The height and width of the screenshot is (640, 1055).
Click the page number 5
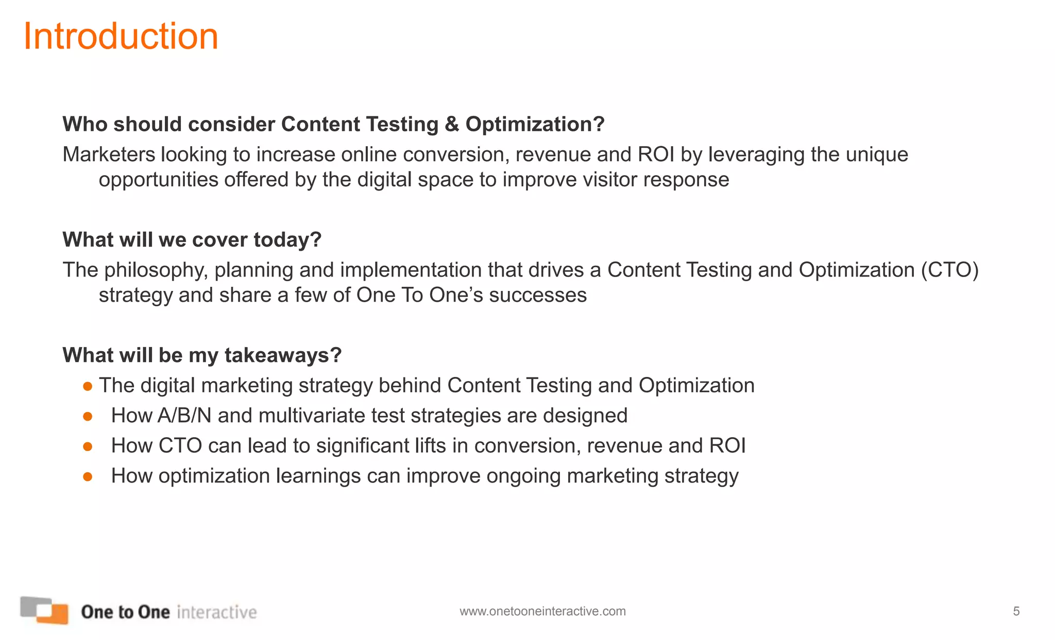click(x=1016, y=611)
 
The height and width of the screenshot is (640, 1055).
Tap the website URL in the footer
click(x=542, y=611)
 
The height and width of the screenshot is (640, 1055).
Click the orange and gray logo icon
click(x=44, y=610)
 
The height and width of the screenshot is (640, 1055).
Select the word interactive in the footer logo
click(x=216, y=612)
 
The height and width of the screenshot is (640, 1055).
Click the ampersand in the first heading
click(x=451, y=125)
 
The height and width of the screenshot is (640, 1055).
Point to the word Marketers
click(x=109, y=154)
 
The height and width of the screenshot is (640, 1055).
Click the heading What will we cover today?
click(x=192, y=240)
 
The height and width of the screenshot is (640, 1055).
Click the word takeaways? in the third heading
click(x=283, y=355)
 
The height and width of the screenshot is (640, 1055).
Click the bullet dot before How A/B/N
click(x=88, y=416)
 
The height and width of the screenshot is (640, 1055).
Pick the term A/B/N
click(x=184, y=416)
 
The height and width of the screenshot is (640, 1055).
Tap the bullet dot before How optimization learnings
click(x=88, y=477)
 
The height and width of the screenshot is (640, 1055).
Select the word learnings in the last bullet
click(x=318, y=476)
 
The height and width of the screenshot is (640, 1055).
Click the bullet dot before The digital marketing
click(x=88, y=386)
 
